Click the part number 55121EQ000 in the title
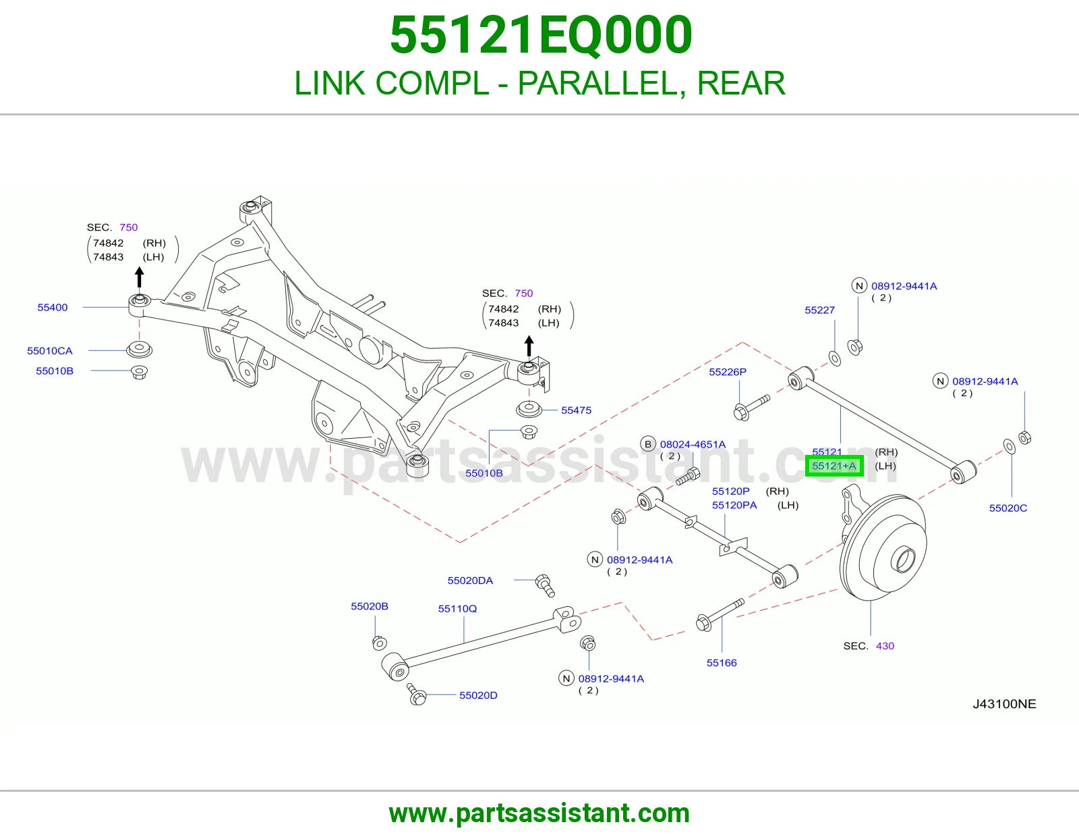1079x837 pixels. pos(541,35)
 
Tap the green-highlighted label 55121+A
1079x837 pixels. pos(834,466)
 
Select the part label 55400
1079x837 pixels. pos(52,308)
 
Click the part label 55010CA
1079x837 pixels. pos(50,351)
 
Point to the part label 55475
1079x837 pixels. pos(576,410)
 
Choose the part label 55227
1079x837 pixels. pos(820,310)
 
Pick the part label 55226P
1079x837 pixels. pos(728,372)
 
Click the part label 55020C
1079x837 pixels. pos(1008,508)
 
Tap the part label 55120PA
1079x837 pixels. pos(734,505)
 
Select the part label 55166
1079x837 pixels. pos(722,663)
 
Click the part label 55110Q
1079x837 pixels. pos(457,608)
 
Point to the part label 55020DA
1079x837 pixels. pos(470,580)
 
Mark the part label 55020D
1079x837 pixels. pos(478,695)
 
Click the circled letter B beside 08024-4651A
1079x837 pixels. pos(647,444)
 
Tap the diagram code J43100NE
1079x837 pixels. pos(1004,704)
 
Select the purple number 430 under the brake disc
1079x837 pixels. pos(885,646)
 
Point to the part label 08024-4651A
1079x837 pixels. pos(693,444)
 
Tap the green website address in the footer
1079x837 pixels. pos(539,813)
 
